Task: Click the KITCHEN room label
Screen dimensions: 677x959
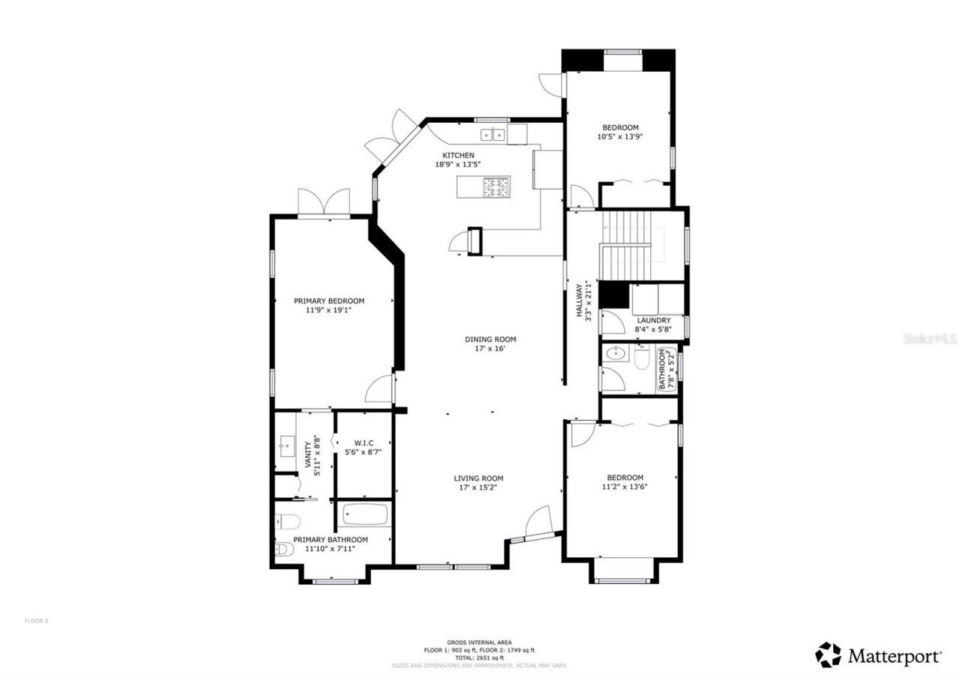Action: tap(458, 155)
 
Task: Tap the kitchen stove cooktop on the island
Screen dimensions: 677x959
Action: tap(495, 186)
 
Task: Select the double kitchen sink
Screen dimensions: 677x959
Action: tap(492, 136)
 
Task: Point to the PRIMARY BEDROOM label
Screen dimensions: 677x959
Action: tap(329, 301)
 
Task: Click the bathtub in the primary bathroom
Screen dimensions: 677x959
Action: tap(366, 514)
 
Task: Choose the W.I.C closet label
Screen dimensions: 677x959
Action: tap(363, 443)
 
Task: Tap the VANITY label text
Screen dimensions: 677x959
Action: tap(308, 455)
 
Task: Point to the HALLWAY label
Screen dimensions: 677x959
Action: tap(579, 300)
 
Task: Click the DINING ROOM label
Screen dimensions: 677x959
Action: tap(490, 339)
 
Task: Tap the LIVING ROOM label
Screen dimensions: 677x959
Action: tap(478, 479)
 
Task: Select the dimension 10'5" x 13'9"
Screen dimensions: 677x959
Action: tap(620, 137)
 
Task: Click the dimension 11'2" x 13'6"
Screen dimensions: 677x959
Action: tap(625, 487)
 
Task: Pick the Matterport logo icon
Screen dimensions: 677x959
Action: tap(828, 655)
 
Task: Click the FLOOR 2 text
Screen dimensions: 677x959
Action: tap(37, 620)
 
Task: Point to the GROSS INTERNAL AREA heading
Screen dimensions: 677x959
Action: tap(479, 643)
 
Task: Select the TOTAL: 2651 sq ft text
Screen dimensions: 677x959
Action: tap(479, 658)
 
